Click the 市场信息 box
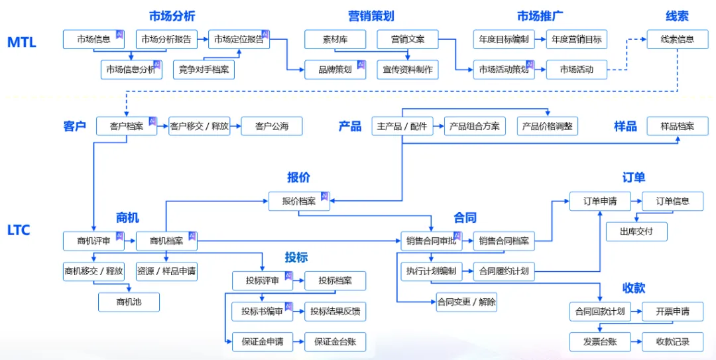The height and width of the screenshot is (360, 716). point(93,39)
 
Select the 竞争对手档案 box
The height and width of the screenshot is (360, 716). point(204,69)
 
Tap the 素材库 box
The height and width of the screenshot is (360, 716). point(335,39)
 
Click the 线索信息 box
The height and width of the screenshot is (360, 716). point(677,39)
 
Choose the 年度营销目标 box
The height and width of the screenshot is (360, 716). point(576,39)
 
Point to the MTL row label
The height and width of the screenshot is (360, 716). point(21,42)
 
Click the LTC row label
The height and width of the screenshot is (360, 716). point(19,230)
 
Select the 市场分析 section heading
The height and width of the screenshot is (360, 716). point(172,16)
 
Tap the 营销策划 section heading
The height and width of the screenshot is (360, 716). point(371,16)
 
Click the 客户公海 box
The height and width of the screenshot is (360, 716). point(272,126)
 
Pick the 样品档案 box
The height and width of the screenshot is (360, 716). point(677,126)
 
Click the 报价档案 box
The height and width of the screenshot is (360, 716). point(298,202)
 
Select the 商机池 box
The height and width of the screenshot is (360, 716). point(129,302)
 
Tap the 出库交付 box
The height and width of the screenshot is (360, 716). point(636,231)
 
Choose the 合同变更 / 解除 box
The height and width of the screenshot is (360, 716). point(466,302)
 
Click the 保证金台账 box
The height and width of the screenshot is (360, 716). point(335,341)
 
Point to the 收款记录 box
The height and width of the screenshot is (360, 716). point(672,341)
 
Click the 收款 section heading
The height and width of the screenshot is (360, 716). point(633,288)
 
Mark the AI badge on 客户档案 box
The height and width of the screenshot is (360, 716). point(152,121)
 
